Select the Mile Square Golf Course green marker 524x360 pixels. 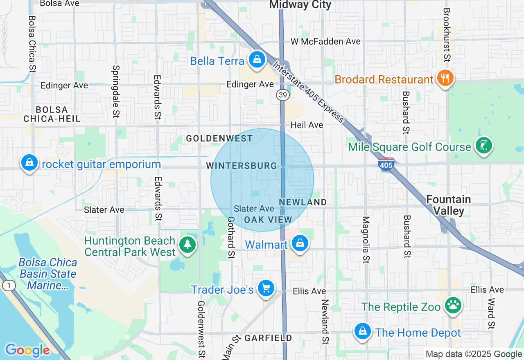pyautogui.click(x=484, y=145)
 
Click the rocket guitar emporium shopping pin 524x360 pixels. pyautogui.click(x=29, y=162)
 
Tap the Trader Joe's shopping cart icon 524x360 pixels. pyautogui.click(x=266, y=288)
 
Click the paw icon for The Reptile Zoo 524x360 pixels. pyautogui.click(x=453, y=305)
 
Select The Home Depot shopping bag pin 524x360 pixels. pyautogui.click(x=362, y=331)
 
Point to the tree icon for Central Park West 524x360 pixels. pyautogui.click(x=187, y=245)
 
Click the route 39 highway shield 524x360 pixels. pyautogui.click(x=282, y=95)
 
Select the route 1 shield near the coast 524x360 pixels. pyautogui.click(x=9, y=286)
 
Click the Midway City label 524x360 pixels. pyautogui.click(x=300, y=5)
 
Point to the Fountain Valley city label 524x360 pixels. pyautogui.click(x=449, y=205)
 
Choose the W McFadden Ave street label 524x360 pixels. pyautogui.click(x=325, y=41)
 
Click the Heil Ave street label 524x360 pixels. pyautogui.click(x=307, y=125)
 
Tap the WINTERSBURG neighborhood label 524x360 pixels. pyautogui.click(x=241, y=166)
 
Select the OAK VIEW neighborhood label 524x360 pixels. pyautogui.click(x=268, y=220)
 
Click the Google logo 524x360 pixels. pyautogui.click(x=27, y=350)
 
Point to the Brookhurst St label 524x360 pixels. pyautogui.click(x=447, y=34)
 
